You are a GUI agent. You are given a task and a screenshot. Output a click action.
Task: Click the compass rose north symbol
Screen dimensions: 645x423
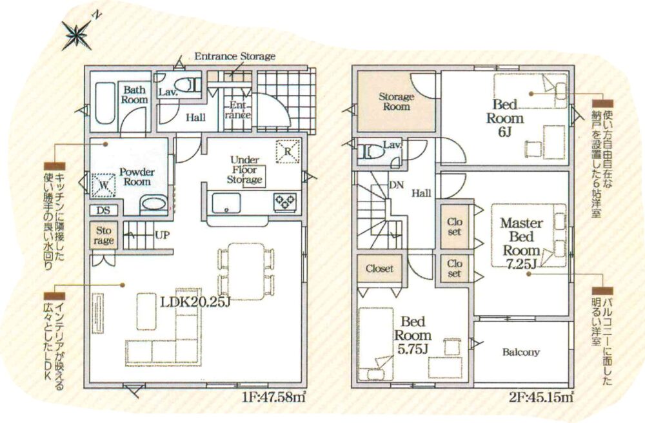[77, 35]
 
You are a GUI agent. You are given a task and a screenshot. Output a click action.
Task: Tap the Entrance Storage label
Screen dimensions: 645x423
[235, 56]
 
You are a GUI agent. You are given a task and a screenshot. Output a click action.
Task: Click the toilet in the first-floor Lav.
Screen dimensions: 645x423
[190, 85]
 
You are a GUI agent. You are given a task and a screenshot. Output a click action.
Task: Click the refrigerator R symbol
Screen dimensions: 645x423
[288, 151]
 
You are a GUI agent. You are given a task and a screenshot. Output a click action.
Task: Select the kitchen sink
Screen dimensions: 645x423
[226, 203]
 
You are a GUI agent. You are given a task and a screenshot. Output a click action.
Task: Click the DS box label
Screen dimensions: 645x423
[103, 211]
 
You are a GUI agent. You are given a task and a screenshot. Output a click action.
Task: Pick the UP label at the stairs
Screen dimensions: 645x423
[162, 235]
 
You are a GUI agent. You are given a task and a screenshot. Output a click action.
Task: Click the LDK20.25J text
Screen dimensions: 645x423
[194, 302]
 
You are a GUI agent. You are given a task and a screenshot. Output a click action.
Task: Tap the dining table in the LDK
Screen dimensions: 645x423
[246, 271]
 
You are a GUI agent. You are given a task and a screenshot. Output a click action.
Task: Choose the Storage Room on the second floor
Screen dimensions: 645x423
[396, 101]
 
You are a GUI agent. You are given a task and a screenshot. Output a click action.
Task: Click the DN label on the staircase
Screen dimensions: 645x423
[396, 185]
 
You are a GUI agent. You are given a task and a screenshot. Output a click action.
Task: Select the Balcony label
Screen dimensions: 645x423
[521, 352]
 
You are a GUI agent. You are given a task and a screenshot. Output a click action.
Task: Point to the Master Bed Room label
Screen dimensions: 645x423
[521, 237]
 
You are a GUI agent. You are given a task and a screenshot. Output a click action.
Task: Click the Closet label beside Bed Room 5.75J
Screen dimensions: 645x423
[379, 269]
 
